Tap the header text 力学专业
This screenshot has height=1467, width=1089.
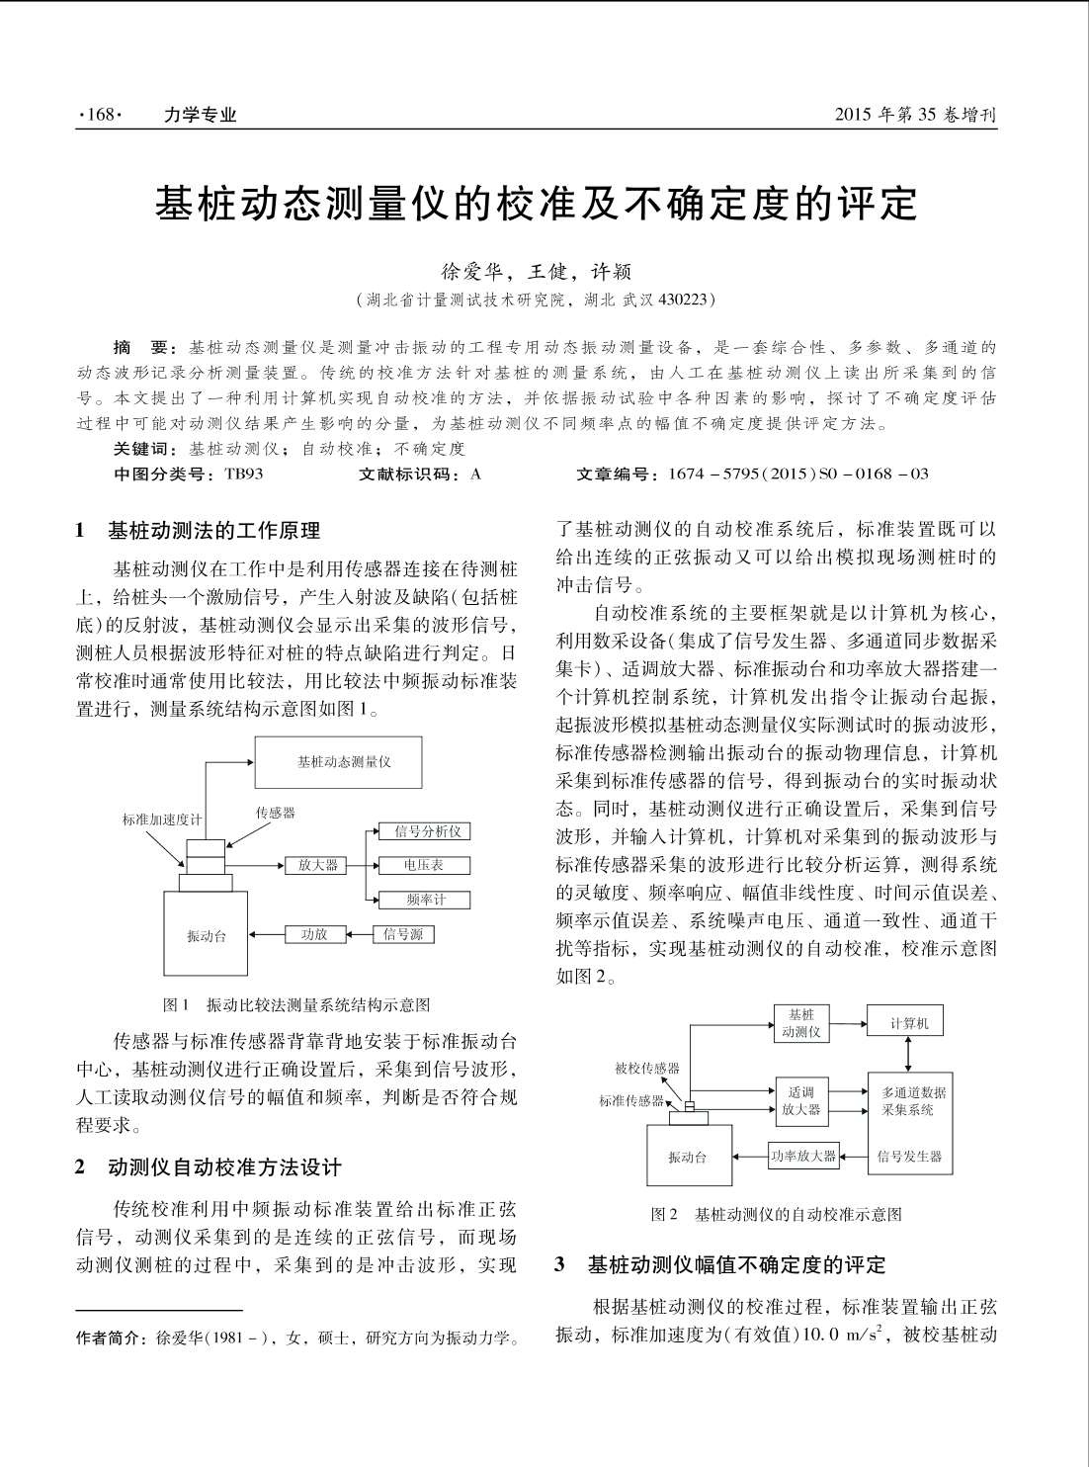click(201, 115)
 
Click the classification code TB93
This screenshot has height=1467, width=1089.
click(243, 474)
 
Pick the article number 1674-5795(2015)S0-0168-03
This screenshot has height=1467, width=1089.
click(797, 474)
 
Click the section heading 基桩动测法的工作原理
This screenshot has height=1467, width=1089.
click(213, 531)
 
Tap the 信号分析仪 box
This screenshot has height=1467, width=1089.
click(427, 831)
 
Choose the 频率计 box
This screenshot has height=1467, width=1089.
click(426, 900)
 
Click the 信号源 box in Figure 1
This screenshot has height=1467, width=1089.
click(403, 934)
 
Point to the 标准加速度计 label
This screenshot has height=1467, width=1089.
click(162, 820)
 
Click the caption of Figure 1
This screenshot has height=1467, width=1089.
click(296, 1004)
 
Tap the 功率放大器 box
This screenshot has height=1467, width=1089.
click(803, 1156)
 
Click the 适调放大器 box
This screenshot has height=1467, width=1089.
click(801, 1101)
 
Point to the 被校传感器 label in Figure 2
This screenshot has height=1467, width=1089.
click(646, 1068)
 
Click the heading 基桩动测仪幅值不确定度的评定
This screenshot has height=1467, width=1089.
click(736, 1264)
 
